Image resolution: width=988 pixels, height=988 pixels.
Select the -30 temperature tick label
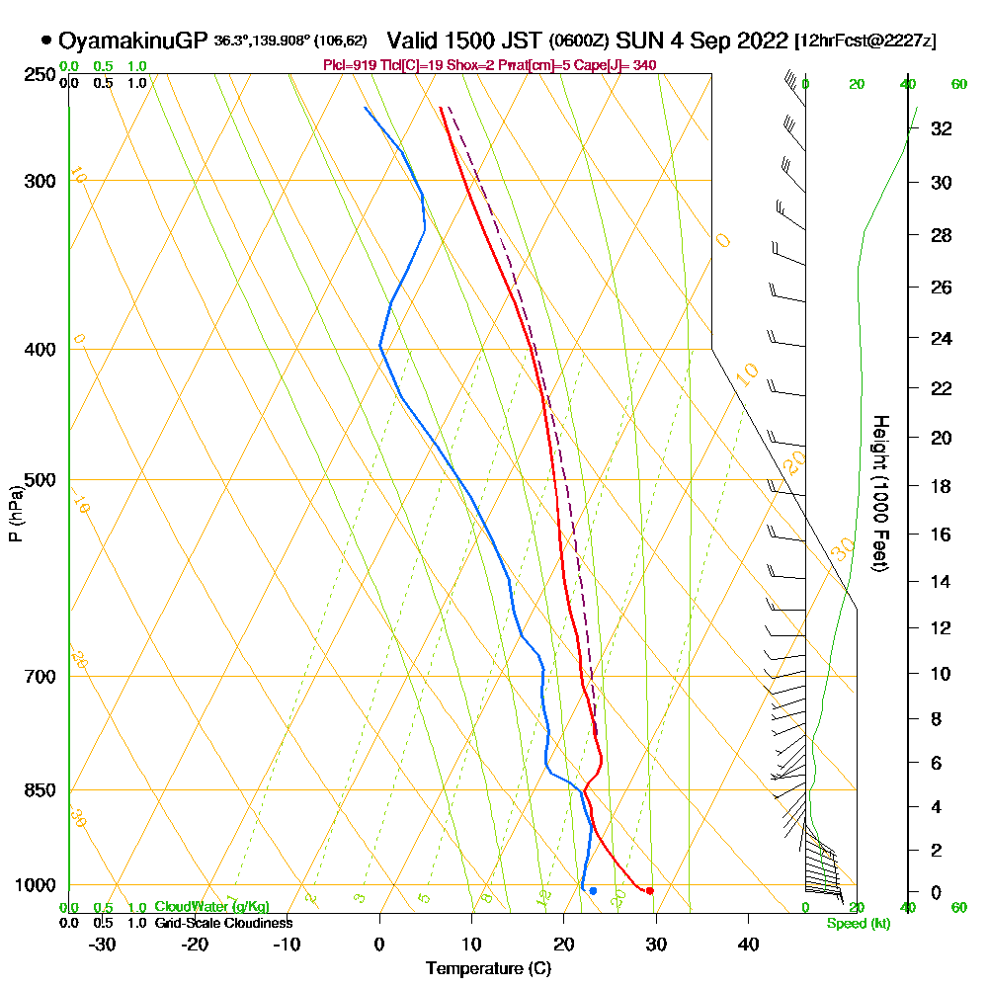(x=103, y=944)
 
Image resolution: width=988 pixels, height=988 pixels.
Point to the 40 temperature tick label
(x=748, y=944)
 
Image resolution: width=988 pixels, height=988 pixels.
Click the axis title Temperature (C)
(x=488, y=969)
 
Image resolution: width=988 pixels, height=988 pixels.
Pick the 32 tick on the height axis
(x=940, y=128)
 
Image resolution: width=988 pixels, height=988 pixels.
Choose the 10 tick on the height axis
(x=940, y=674)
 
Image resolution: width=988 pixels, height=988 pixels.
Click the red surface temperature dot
(x=649, y=891)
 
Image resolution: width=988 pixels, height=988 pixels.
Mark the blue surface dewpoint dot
(x=593, y=891)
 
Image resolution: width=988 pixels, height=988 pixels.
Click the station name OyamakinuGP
(x=133, y=41)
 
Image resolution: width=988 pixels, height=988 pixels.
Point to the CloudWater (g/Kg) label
(x=211, y=907)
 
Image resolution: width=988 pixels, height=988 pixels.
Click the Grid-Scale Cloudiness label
(x=223, y=923)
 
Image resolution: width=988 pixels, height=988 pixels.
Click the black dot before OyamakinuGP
(x=46, y=41)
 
